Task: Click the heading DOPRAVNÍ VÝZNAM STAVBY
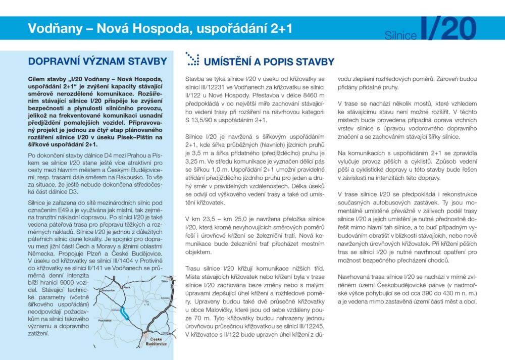[x=97, y=62]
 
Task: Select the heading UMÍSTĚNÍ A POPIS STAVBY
[x=269, y=62]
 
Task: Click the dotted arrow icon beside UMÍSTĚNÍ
[x=192, y=59]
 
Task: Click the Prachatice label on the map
[x=105, y=320]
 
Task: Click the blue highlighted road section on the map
[x=125, y=315]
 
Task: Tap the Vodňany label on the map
[x=115, y=310]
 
